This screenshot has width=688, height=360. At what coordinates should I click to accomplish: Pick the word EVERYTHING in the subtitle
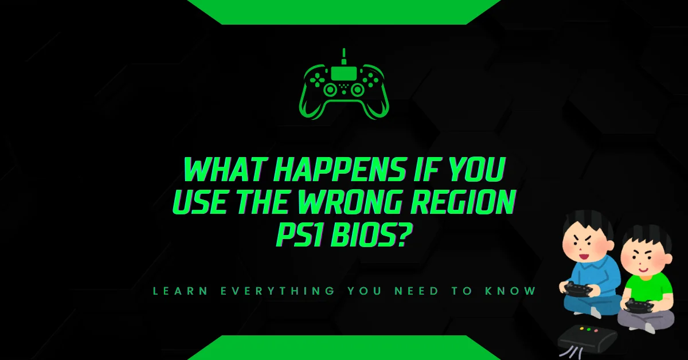(277, 291)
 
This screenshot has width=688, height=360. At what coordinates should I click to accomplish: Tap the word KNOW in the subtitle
(510, 291)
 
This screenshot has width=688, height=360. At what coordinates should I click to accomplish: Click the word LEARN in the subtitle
(180, 291)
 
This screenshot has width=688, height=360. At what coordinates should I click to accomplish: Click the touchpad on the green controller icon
(343, 73)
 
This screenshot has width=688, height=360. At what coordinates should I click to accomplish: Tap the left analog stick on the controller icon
(330, 90)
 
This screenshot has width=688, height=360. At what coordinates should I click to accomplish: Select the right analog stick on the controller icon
(358, 90)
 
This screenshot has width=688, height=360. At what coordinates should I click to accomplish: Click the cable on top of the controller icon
(344, 57)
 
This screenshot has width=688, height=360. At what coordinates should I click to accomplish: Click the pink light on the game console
(596, 331)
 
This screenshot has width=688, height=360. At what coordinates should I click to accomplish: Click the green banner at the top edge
(343, 11)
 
